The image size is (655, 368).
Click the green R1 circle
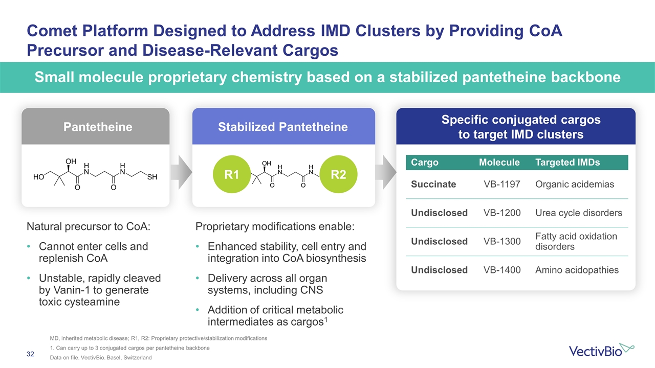point(232,175)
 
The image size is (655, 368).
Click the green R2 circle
point(338,175)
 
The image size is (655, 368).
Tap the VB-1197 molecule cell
point(502,184)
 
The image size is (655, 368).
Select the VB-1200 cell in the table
point(502,213)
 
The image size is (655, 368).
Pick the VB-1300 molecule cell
point(502,241)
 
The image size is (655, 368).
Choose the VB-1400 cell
point(502,270)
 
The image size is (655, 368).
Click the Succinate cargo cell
point(433,184)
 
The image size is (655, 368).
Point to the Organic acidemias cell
point(574,184)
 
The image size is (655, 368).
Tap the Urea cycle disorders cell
point(578,213)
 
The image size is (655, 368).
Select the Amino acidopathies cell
point(577,270)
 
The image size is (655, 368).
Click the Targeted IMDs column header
point(567,163)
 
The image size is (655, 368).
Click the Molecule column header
point(499,163)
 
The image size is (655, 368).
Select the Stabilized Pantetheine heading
point(283,127)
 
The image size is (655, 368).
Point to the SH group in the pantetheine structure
point(151,177)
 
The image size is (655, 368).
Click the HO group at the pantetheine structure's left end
point(38,177)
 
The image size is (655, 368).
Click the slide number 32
point(30,354)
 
